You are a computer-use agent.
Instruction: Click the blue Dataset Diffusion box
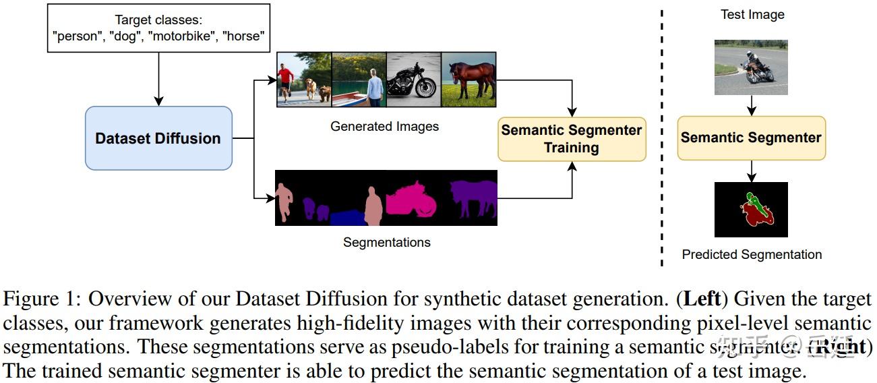(158, 138)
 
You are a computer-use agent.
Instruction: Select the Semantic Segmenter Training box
(572, 139)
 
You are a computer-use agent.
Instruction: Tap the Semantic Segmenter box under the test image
(751, 138)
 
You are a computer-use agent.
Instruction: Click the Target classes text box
(159, 28)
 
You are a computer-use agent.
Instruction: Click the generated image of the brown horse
(468, 80)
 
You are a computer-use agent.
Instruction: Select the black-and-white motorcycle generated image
(413, 80)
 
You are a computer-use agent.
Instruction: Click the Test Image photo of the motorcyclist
(751, 66)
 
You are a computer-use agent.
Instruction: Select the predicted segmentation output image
(751, 210)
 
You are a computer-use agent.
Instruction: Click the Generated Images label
(384, 126)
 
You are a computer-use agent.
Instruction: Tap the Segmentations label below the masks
(386, 242)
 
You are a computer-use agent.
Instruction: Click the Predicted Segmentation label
(752, 254)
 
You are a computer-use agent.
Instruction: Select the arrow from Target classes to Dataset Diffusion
(158, 80)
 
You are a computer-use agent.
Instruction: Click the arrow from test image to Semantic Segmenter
(752, 105)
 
